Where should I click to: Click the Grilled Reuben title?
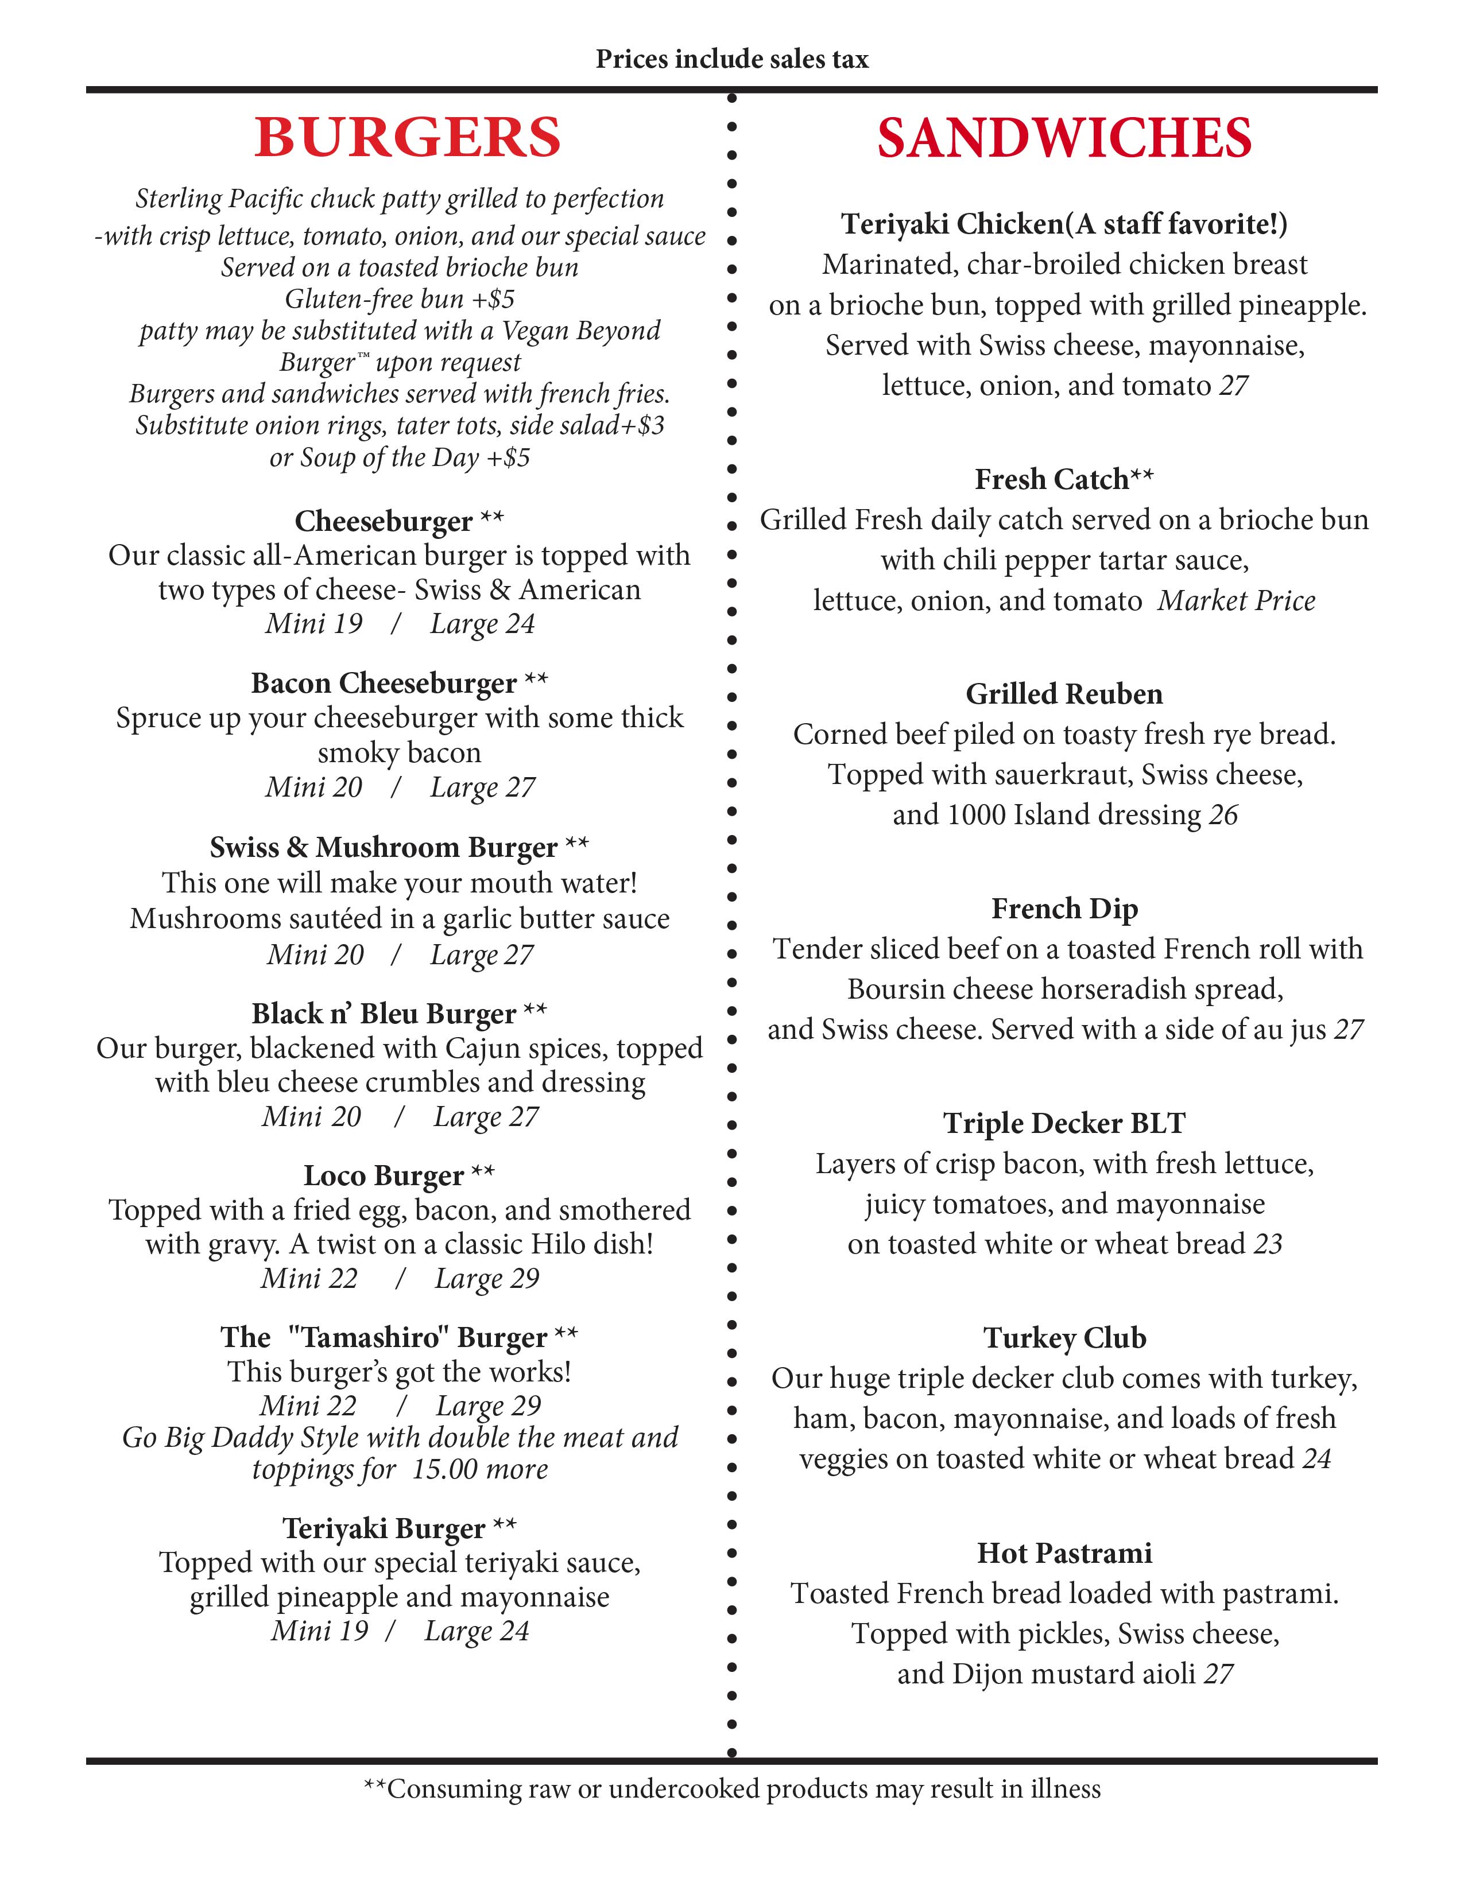[1064, 694]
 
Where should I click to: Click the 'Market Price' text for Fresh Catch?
[1236, 601]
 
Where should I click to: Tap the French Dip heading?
[1064, 909]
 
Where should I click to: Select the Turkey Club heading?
[1064, 1338]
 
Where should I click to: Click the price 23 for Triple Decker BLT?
[1268, 1244]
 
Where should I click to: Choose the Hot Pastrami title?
[1064, 1553]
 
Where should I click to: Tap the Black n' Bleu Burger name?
[384, 1013]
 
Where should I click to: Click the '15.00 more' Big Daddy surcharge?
[479, 1469]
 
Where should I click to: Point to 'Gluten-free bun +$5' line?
[400, 299]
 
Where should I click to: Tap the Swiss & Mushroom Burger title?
[384, 847]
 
